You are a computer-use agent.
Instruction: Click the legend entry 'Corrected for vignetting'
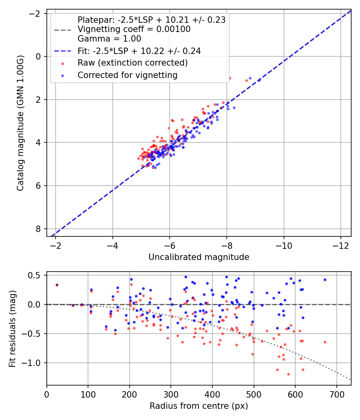(x=128, y=75)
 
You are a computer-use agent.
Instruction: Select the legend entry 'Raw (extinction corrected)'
(x=132, y=63)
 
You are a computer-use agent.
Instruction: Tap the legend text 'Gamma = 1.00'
(x=109, y=38)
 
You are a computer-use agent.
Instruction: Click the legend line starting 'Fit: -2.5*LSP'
(x=139, y=51)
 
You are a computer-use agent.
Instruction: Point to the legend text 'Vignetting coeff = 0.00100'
(x=134, y=29)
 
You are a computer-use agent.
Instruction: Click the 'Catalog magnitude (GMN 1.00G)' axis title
(x=20, y=123)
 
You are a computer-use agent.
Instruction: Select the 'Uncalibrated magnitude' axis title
(x=199, y=257)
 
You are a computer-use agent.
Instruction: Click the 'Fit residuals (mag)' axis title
(x=12, y=329)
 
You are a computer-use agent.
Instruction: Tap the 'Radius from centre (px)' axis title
(x=199, y=406)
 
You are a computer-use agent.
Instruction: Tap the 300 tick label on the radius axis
(x=171, y=394)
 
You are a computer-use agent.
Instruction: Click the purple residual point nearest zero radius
(x=57, y=285)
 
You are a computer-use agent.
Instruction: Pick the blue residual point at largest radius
(x=325, y=280)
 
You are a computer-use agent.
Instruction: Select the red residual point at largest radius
(x=325, y=342)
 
